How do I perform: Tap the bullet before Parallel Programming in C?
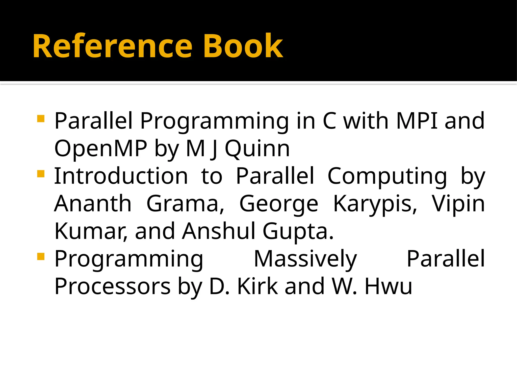pos(41,118)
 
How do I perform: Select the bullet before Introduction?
pos(41,174)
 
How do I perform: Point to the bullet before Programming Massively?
pos(41,257)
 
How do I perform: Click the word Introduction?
pos(121,176)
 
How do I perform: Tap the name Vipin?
pos(458,204)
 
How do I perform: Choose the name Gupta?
pos(298,232)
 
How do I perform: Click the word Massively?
pos(305,259)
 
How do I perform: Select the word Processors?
pos(113,286)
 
